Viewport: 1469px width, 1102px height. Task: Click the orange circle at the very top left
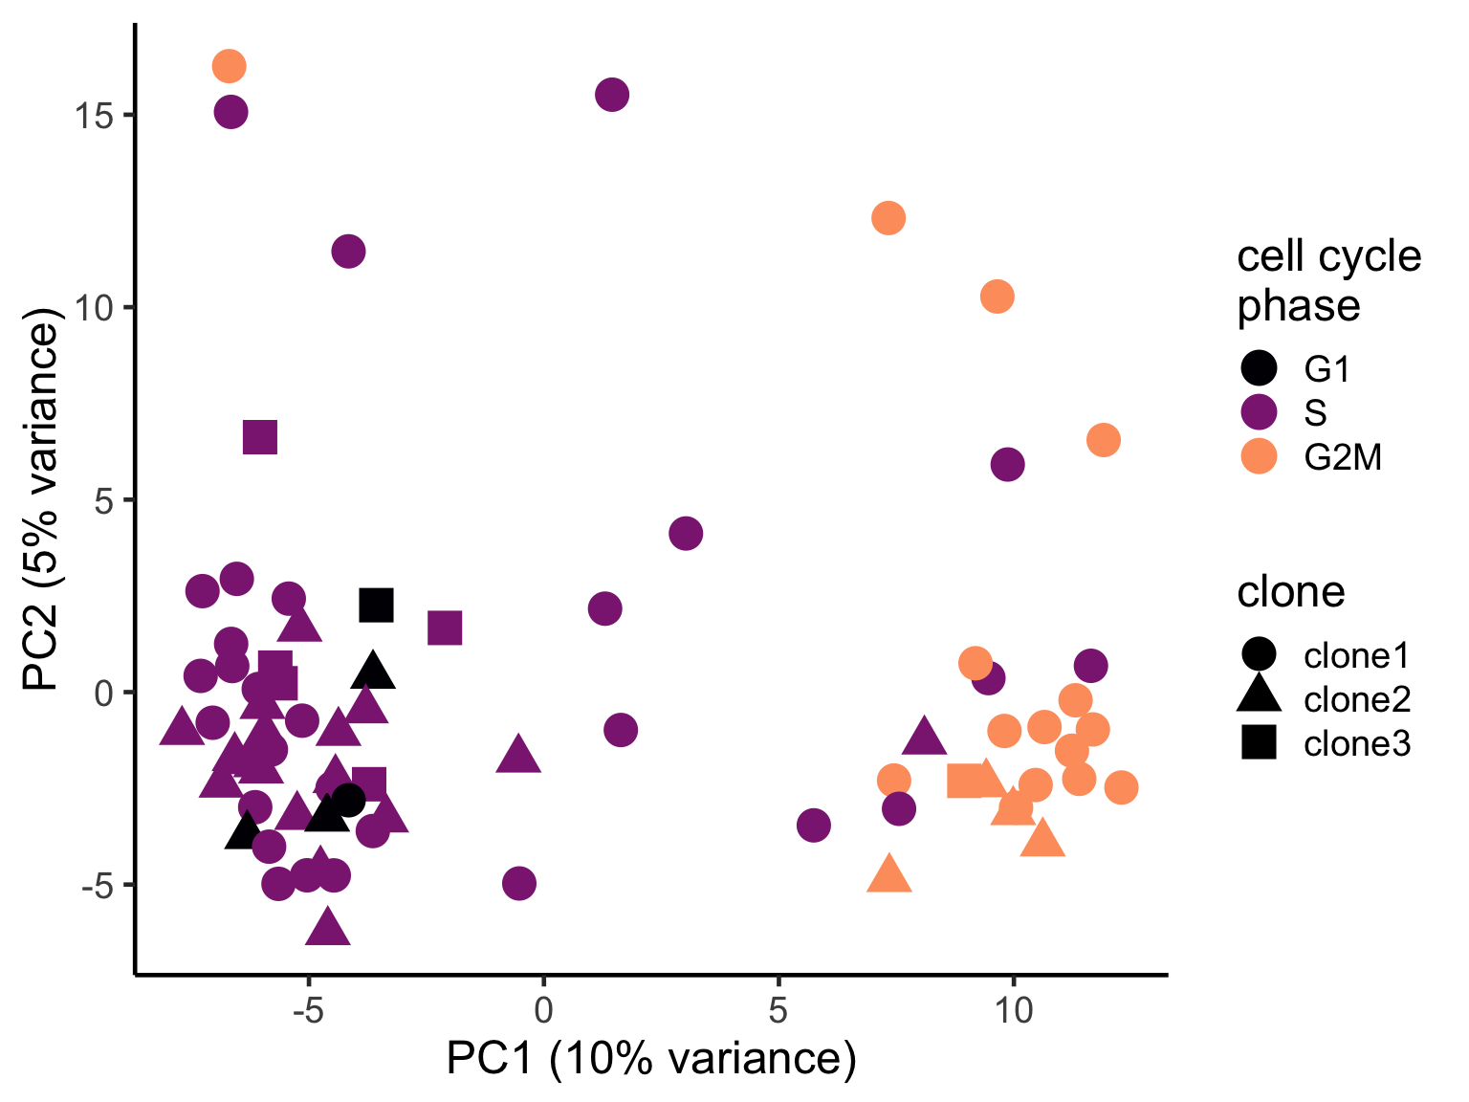click(x=229, y=66)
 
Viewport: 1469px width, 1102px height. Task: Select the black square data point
click(x=376, y=605)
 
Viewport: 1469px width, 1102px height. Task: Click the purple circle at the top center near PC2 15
click(x=612, y=95)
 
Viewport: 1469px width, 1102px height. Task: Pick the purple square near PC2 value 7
click(x=260, y=437)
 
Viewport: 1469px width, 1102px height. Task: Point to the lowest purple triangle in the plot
click(x=328, y=927)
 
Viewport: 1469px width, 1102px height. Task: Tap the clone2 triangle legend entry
click(x=1324, y=699)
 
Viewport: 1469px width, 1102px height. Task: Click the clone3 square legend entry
click(x=1324, y=743)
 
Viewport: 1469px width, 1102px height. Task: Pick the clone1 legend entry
click(x=1324, y=655)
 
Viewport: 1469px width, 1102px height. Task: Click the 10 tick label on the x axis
click(x=1013, y=1010)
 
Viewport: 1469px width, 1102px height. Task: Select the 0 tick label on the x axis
click(x=543, y=1010)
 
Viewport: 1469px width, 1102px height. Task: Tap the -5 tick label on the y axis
click(x=97, y=886)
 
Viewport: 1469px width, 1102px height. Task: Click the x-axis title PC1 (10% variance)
click(x=651, y=1060)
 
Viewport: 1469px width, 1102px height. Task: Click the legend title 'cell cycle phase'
click(x=1328, y=280)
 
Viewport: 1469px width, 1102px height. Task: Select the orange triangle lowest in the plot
click(x=889, y=874)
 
